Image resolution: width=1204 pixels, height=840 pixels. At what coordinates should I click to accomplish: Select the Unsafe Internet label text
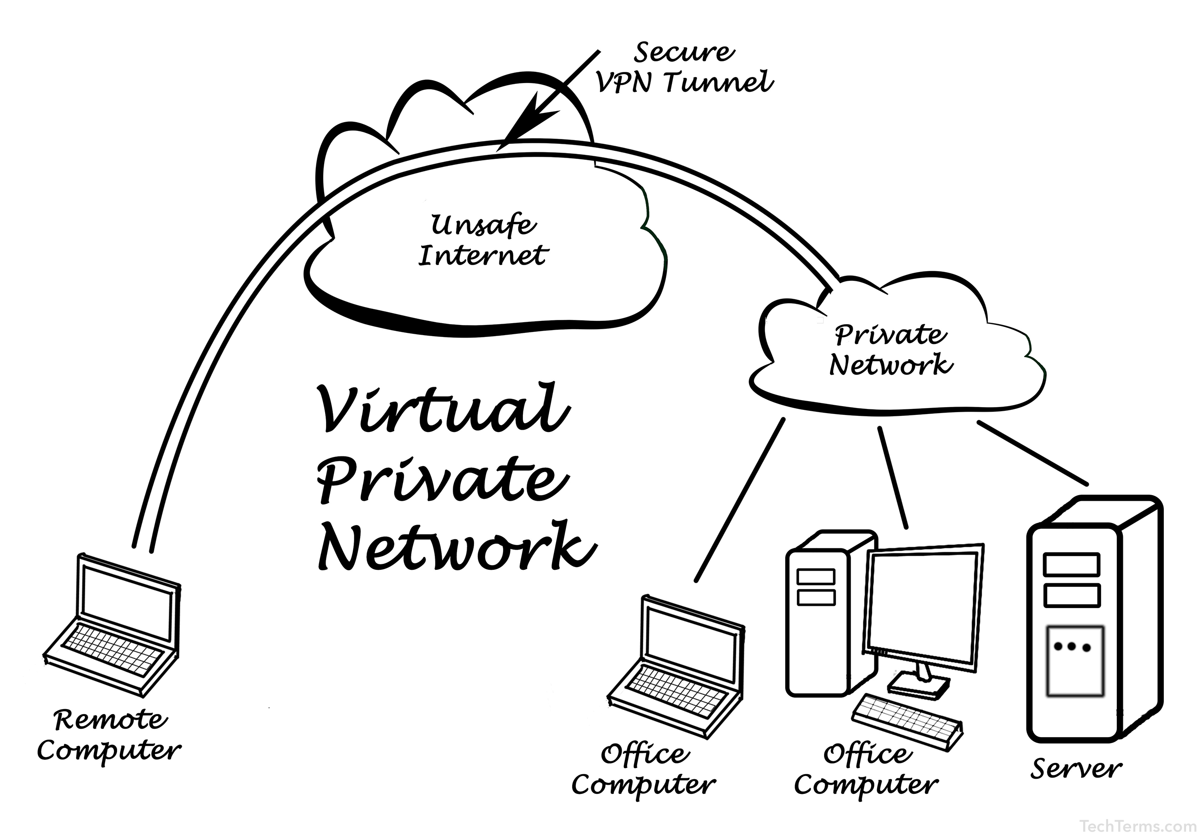pos(482,241)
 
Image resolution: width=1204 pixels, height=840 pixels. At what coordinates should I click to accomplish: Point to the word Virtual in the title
pos(443,408)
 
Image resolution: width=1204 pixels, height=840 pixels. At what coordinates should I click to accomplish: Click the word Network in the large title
pos(456,546)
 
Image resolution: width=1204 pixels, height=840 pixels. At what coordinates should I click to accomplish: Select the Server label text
pos(1076,769)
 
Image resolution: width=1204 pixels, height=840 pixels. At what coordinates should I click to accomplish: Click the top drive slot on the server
pos(1072,564)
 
